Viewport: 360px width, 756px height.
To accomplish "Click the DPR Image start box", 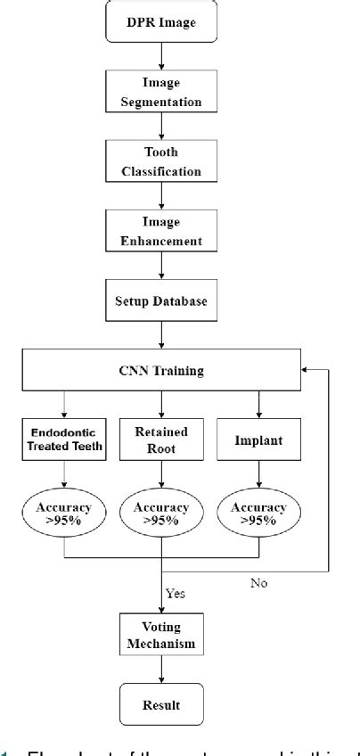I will (x=161, y=21).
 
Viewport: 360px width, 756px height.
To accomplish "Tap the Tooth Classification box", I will (x=161, y=160).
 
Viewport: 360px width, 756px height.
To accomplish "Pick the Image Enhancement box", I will (x=161, y=231).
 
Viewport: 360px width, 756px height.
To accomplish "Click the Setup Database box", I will (x=161, y=301).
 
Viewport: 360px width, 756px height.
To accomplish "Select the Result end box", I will (x=161, y=704).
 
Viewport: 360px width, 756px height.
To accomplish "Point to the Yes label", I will (x=176, y=591).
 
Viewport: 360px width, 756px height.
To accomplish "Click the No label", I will (x=259, y=584).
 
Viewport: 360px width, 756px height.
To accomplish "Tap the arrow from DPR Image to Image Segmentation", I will (x=161, y=55).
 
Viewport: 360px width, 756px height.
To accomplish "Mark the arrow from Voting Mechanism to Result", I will (x=161, y=670).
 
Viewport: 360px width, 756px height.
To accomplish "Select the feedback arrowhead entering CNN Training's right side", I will (x=308, y=369).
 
